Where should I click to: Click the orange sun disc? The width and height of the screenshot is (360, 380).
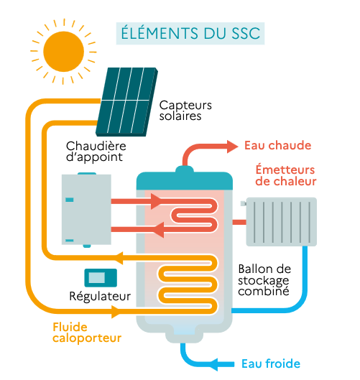coord(64,48)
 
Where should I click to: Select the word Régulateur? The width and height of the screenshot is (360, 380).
coord(100,296)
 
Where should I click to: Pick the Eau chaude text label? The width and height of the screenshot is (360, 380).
coord(277,145)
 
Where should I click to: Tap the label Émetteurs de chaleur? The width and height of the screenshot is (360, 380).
coord(286,175)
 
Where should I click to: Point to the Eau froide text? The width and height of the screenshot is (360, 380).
coord(271,363)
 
